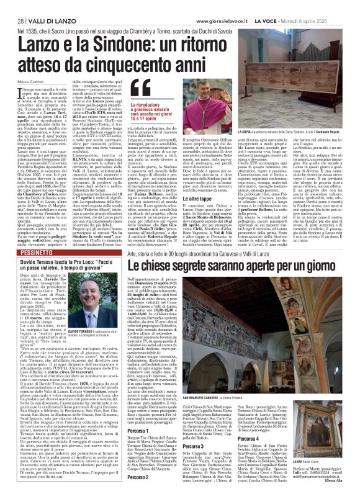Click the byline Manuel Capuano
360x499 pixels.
click(29, 84)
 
